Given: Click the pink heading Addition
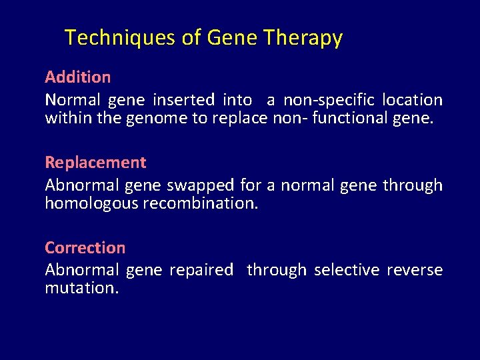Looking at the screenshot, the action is tap(77, 77).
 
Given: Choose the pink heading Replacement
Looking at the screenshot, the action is tap(95, 163).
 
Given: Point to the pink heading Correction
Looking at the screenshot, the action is tap(85, 248).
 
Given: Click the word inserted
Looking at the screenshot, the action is tap(183, 100).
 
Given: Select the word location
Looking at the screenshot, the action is tap(412, 100).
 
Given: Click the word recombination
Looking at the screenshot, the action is tap(200, 203).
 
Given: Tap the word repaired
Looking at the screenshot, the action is tap(201, 270).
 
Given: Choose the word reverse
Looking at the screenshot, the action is tap(415, 270).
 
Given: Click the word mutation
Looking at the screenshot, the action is tap(81, 289).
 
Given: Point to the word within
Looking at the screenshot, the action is tap(65, 118).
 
